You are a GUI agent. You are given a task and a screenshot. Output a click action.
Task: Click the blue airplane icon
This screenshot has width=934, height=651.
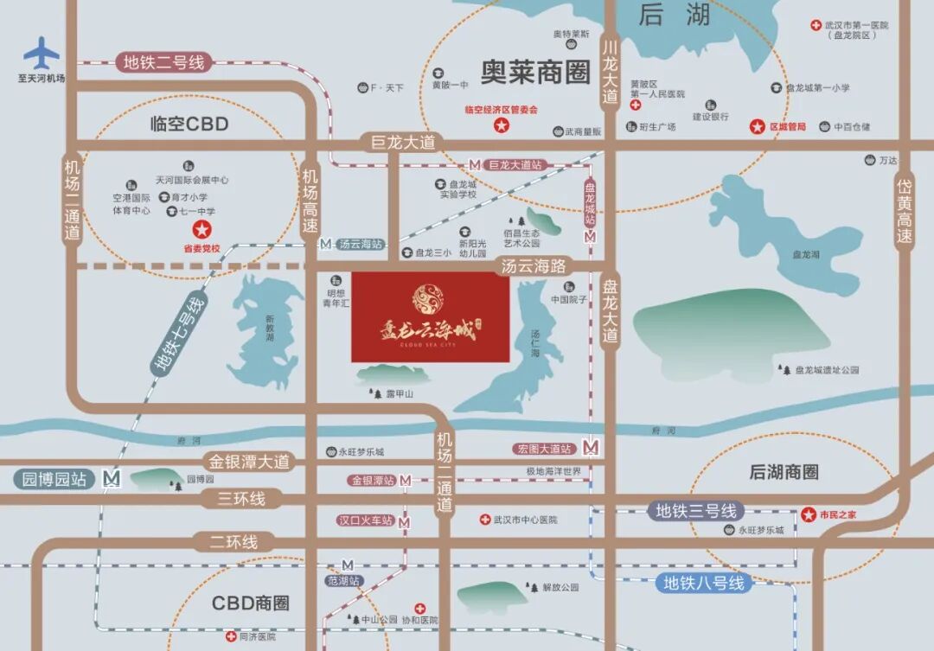coord(41,53)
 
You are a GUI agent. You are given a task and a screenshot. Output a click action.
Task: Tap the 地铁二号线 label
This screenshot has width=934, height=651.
coord(163,62)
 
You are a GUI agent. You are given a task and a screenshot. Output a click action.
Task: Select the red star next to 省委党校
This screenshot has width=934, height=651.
coord(202,229)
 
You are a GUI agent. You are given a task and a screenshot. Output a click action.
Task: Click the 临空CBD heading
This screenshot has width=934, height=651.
coord(189,124)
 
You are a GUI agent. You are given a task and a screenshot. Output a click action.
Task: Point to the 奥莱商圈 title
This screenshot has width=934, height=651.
coord(535,73)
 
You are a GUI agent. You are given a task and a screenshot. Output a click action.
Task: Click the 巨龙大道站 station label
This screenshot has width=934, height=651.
coord(515,164)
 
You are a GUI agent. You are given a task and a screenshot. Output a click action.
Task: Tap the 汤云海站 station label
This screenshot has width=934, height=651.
coord(361,245)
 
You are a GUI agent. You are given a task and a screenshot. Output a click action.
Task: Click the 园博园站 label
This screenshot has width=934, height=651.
coord(55,479)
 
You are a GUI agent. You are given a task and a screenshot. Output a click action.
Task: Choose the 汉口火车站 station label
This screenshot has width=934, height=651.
coord(365,520)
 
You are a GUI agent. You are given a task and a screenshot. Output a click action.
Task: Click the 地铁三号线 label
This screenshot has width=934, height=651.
coord(695,510)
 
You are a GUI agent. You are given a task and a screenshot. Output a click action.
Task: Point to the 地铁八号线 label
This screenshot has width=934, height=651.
coord(704,583)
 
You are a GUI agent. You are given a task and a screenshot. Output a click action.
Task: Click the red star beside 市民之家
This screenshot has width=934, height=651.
coord(809,514)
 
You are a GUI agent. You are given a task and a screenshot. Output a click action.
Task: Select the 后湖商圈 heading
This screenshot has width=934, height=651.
coord(784,472)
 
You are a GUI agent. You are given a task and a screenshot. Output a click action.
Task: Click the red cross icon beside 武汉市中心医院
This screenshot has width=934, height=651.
coord(485,520)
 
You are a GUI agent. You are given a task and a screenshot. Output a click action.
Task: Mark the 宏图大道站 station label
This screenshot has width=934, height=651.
coord(544,449)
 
